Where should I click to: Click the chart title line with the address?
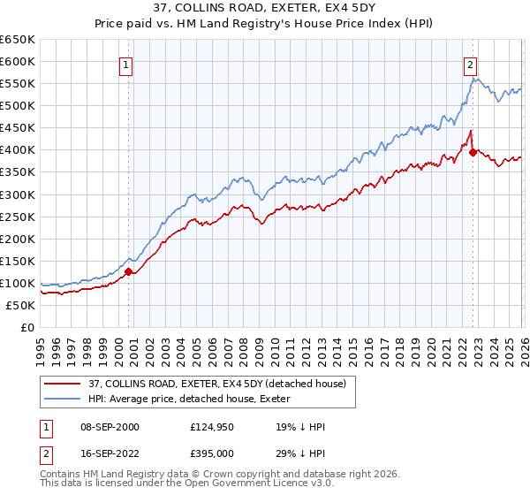[264, 8]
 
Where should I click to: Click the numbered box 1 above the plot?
[126, 64]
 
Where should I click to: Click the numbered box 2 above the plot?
[471, 64]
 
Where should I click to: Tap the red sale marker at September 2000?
[128, 271]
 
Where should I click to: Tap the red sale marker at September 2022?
[473, 152]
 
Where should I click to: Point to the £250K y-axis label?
[18, 217]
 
